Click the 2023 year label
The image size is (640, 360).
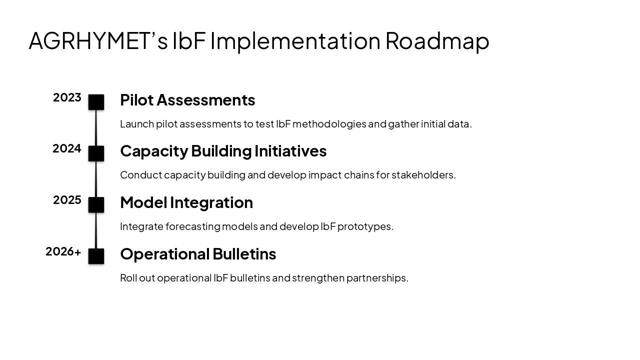pyautogui.click(x=67, y=97)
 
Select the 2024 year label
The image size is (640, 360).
pyautogui.click(x=67, y=148)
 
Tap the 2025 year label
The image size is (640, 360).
pyautogui.click(x=67, y=200)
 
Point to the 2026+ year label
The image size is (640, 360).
pyautogui.click(x=63, y=251)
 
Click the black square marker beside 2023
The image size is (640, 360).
pyautogui.click(x=96, y=102)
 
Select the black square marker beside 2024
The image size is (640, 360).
pyautogui.click(x=96, y=153)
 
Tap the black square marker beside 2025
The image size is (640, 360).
pyautogui.click(x=96, y=205)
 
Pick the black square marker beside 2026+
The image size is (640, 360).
pyautogui.click(x=96, y=256)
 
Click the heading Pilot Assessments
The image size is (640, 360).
pyautogui.click(x=187, y=100)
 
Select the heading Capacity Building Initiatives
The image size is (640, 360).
pyautogui.click(x=223, y=151)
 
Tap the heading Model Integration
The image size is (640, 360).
pyautogui.click(x=186, y=202)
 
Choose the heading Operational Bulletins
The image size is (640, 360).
pyautogui.click(x=198, y=254)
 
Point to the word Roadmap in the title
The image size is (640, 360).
pyautogui.click(x=437, y=41)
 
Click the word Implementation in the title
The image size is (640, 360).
pyautogui.click(x=295, y=41)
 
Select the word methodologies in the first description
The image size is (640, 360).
pyautogui.click(x=329, y=124)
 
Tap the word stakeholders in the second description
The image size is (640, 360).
pyautogui.click(x=423, y=175)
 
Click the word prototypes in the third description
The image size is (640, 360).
pyautogui.click(x=365, y=226)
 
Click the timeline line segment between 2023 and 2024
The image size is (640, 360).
pyautogui.click(x=96, y=128)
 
